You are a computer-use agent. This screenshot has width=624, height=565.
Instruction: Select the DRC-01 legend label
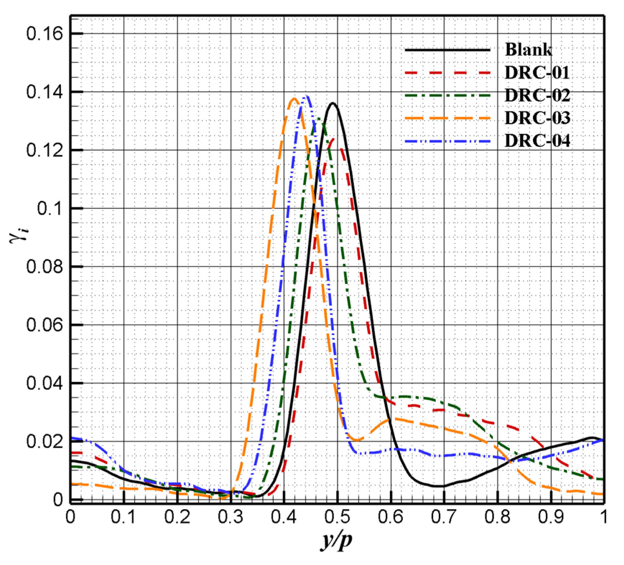537,73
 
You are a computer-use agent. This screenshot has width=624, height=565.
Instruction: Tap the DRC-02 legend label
537,96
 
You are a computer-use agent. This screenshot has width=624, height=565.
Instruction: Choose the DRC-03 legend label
537,118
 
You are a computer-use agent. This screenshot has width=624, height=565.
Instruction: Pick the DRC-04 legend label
537,141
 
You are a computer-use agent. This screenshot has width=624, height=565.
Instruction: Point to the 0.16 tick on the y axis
45,34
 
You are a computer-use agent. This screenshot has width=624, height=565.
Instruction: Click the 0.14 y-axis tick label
45,92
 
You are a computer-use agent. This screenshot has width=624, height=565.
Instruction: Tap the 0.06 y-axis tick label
45,325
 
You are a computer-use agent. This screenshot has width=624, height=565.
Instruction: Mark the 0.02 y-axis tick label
45,441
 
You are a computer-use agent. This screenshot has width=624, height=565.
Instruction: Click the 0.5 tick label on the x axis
337,517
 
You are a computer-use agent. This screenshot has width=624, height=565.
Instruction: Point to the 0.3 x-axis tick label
231,517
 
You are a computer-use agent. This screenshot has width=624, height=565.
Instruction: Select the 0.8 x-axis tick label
497,517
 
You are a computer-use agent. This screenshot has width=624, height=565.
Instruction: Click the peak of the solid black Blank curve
333,103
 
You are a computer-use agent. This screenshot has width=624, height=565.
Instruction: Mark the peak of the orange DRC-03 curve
294,98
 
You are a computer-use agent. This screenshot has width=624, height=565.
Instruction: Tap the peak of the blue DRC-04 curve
307,96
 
